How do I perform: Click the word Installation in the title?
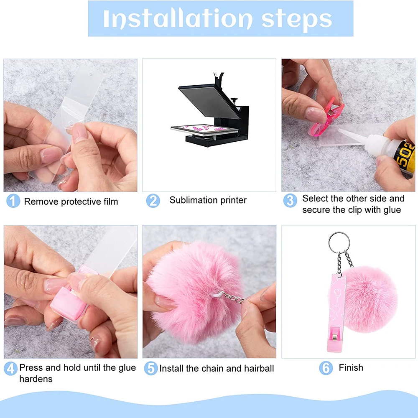177,19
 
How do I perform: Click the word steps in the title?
296,19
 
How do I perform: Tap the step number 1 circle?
13,201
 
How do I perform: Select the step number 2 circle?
153,201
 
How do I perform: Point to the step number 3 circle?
290,200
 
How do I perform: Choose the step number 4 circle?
11,368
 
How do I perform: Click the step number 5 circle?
150,368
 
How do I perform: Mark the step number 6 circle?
326,368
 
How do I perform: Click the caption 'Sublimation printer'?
208,200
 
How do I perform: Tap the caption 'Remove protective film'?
71,201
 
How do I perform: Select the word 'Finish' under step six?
351,368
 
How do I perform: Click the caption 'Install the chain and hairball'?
217,368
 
